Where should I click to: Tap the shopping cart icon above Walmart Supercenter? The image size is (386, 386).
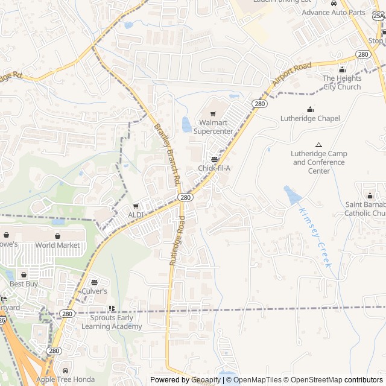[213, 113]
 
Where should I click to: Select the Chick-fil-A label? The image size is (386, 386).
[214, 168]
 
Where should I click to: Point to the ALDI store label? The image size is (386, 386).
[136, 215]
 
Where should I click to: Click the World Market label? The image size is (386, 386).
[57, 245]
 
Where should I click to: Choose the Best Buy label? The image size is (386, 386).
[24, 283]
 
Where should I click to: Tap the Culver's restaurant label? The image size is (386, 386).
[94, 291]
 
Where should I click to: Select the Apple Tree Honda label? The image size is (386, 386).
[66, 379]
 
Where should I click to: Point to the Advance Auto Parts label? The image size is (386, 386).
[334, 12]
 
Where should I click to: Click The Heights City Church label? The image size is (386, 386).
[341, 83]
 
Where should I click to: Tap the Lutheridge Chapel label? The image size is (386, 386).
[310, 119]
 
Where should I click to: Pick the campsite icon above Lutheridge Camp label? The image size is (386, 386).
[319, 145]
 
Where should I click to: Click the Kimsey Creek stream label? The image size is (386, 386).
[315, 238]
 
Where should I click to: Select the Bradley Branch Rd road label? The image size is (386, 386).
[168, 154]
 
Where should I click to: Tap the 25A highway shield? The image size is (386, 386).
[378, 16]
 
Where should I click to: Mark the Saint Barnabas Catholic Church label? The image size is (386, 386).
[365, 209]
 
